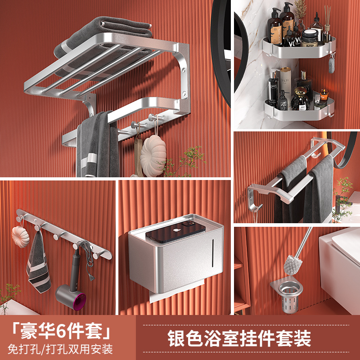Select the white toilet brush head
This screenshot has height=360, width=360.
290,264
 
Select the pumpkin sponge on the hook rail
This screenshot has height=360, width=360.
21,234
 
